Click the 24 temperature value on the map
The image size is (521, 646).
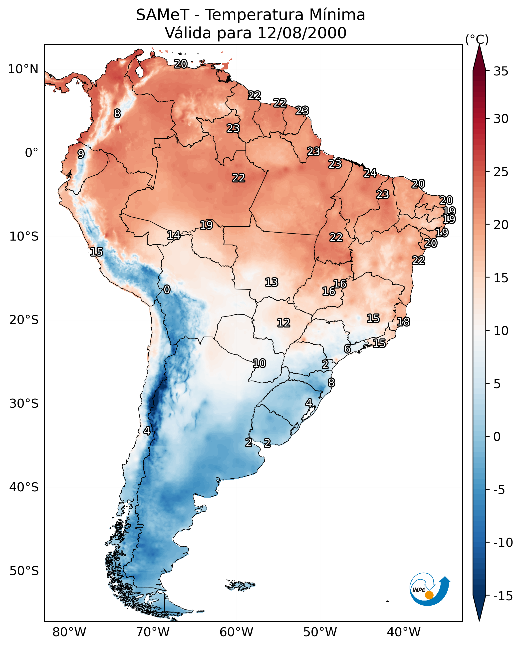click(370, 173)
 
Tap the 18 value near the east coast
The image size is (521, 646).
click(403, 322)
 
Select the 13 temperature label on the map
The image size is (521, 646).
click(271, 283)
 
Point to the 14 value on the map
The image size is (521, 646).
click(174, 235)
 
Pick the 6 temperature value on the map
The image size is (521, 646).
click(347, 349)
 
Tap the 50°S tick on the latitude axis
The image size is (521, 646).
click(24, 571)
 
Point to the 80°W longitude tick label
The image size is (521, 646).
click(69, 632)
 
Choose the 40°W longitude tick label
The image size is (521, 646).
click(404, 632)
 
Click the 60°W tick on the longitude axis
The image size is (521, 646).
click(237, 632)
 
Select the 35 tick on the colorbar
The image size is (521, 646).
click(501, 71)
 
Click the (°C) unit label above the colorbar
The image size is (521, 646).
click(477, 39)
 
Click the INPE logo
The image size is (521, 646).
click(430, 589)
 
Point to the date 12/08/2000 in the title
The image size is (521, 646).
click(302, 33)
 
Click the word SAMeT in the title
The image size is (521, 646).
click(162, 15)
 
